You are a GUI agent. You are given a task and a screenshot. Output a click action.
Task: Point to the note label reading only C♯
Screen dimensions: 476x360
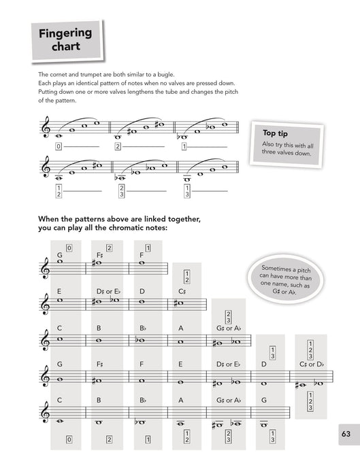pos(182,291)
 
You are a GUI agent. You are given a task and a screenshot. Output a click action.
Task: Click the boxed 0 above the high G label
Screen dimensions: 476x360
pos(69,248)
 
